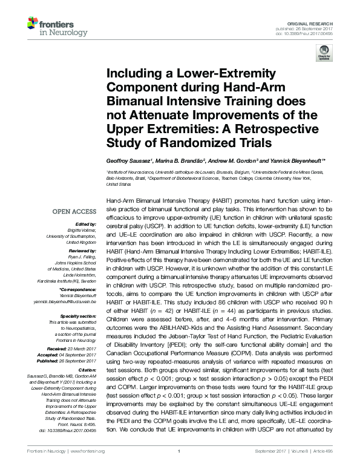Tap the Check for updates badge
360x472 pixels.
pos(324,54)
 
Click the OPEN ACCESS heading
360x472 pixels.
pos(74,212)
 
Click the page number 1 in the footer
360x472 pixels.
pos(180,468)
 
